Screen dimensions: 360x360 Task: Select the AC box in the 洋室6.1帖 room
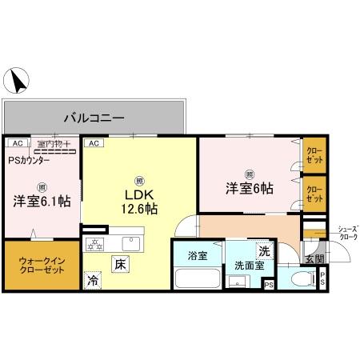(x=14, y=143)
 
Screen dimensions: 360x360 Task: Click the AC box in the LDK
(x=93, y=143)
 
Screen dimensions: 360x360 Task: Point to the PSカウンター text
(x=29, y=160)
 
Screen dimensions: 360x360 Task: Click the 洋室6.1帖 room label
(x=41, y=201)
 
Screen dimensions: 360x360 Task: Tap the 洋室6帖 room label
(x=249, y=189)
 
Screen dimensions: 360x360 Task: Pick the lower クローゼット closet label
(x=314, y=194)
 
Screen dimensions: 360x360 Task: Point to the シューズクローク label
(x=347, y=232)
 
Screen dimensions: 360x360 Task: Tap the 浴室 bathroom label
(x=198, y=257)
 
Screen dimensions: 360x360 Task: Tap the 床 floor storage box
(x=118, y=262)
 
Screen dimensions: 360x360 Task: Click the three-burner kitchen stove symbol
(x=95, y=243)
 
